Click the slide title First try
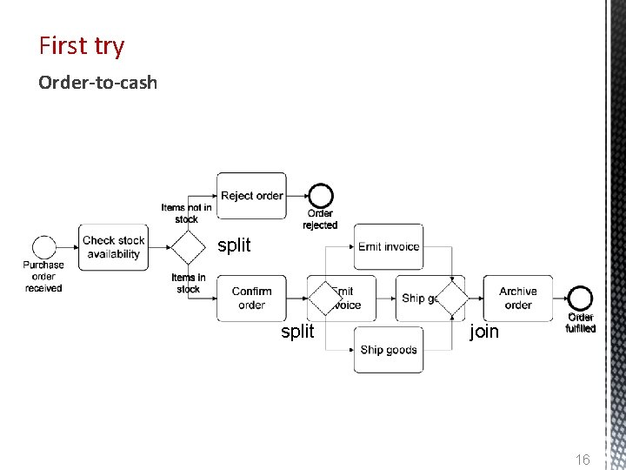point(82,45)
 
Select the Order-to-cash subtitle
point(97,83)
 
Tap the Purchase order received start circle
point(43,247)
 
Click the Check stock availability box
point(113,247)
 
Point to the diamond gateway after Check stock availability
point(186,247)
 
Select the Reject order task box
point(251,196)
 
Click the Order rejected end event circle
point(320,197)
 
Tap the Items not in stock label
point(186,213)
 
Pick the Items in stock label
point(188,283)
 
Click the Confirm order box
point(251,298)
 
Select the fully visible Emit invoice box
point(389,246)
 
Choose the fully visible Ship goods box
point(389,350)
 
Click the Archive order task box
point(518,298)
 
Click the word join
point(484,332)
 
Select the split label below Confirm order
point(297,332)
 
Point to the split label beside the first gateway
point(234,245)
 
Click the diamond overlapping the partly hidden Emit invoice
point(325,299)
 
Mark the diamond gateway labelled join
point(451,299)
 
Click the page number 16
point(583,459)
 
